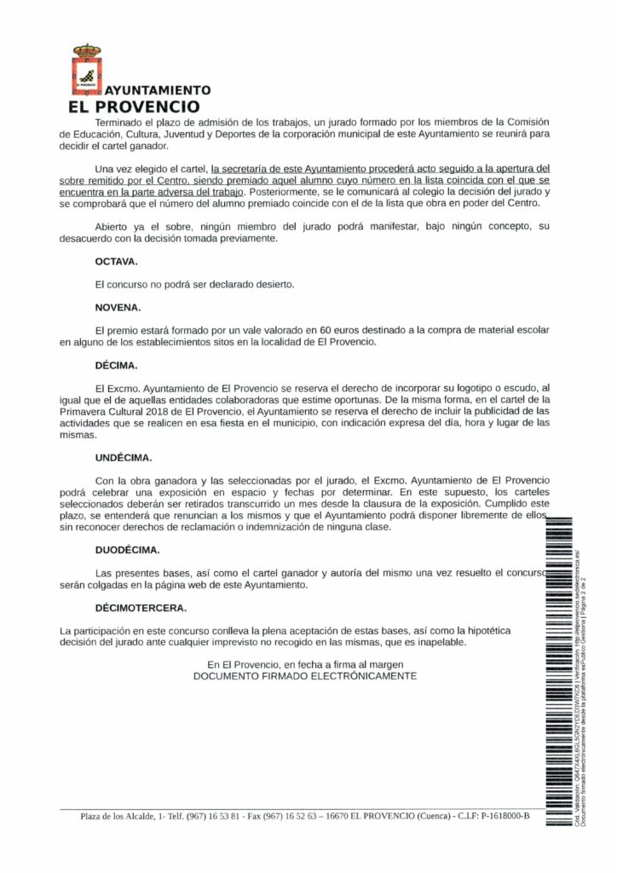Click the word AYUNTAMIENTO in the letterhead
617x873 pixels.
(157, 90)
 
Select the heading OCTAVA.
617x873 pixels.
(116, 262)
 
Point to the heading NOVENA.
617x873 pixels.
(118, 306)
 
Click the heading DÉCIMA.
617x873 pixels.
(116, 366)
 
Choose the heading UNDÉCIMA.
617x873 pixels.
(124, 457)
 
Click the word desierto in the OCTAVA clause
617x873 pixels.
(270, 284)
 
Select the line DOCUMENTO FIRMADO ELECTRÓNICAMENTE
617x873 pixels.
(305, 675)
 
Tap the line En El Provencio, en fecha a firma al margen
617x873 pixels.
(305, 663)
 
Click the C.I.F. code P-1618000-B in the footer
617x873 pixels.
(499, 816)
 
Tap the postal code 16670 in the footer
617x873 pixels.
(330, 816)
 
